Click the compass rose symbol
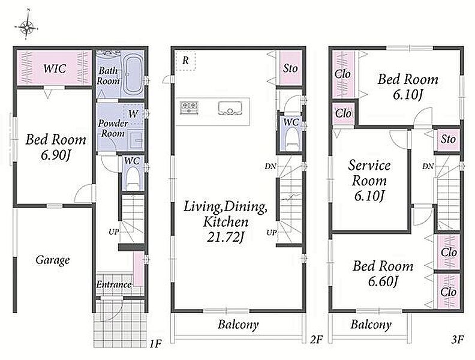coord(27,27)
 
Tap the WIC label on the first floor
coord(55,68)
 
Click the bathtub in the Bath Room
coord(133,74)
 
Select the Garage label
coord(52,260)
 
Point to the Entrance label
coord(114,284)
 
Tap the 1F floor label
coord(155,344)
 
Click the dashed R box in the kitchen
coord(185,61)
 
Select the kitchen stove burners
coord(190,108)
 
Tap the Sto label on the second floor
coord(290,68)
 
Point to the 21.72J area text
coord(226,237)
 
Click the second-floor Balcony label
coord(239,325)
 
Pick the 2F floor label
coord(316,340)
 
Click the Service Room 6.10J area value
coord(369,196)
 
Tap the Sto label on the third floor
coord(448,139)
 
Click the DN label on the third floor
coord(428,166)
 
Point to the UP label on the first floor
coord(113,232)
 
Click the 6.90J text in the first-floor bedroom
coord(55,156)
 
